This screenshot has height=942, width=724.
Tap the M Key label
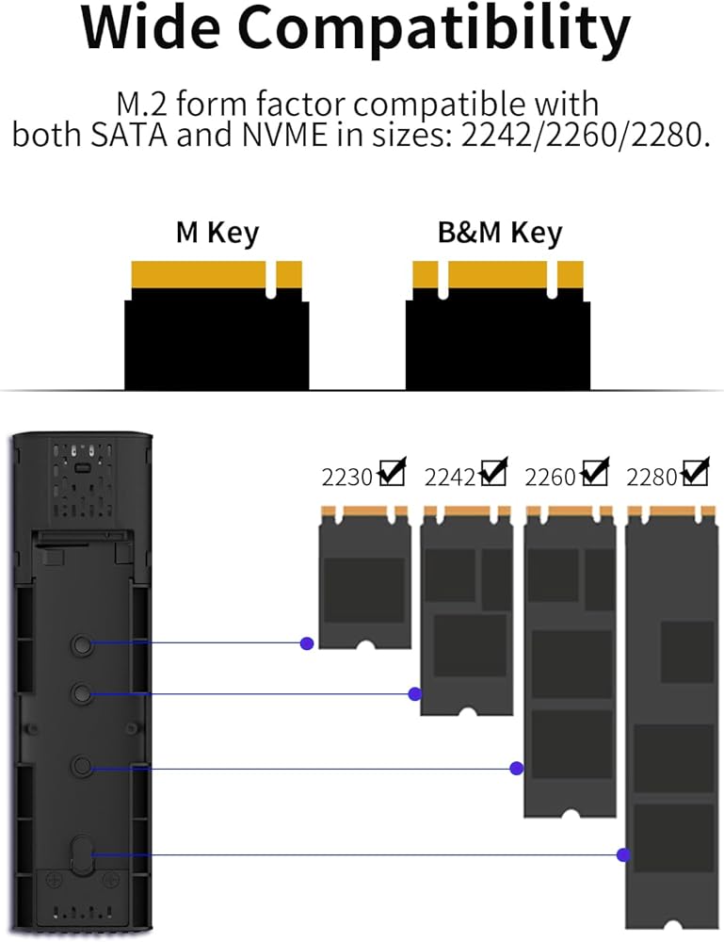tap(217, 233)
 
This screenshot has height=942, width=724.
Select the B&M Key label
tap(499, 233)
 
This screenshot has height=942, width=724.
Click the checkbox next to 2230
tap(391, 472)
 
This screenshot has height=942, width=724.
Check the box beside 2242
tap(492, 472)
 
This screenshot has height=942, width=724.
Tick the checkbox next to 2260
tap(594, 472)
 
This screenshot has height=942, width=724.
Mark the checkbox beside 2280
tap(695, 472)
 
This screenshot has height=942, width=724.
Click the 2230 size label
tap(348, 478)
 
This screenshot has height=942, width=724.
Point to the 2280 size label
tap(652, 478)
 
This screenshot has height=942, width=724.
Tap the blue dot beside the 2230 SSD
tap(306, 643)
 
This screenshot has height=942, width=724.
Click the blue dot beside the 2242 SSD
tap(414, 694)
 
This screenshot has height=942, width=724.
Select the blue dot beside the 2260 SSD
tap(516, 769)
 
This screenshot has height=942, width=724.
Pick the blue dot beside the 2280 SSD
tap(623, 854)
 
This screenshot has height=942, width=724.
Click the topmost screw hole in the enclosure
tap(81, 643)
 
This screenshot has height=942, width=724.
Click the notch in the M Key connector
tap(271, 280)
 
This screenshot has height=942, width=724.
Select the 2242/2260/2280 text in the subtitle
tap(582, 136)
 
